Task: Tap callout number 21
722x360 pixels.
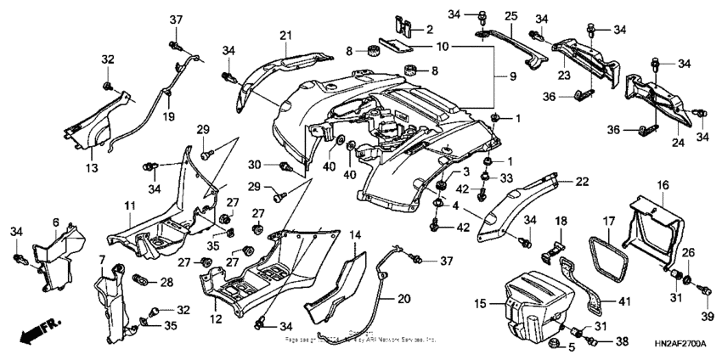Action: (285, 34)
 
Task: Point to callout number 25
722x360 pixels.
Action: (510, 15)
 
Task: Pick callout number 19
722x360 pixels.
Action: (168, 116)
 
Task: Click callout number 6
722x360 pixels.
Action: (55, 222)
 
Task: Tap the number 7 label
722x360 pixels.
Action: (102, 257)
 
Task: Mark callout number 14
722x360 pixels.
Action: (355, 233)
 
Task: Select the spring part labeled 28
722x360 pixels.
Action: (143, 280)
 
